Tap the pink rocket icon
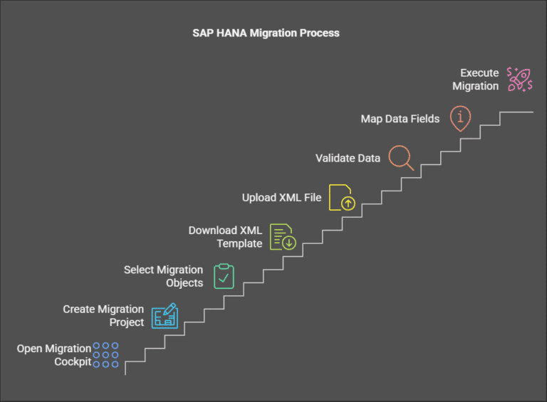pyautogui.click(x=519, y=79)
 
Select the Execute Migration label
pyautogui.click(x=479, y=79)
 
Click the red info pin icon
pyautogui.click(x=460, y=119)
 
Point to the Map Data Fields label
pyautogui.click(x=400, y=119)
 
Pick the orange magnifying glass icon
pyautogui.click(x=401, y=157)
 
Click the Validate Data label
pyautogui.click(x=348, y=158)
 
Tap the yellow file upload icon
pyautogui.click(x=340, y=198)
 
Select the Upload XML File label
pyautogui.click(x=281, y=197)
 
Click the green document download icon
pyautogui.click(x=283, y=237)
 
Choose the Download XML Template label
pyautogui.click(x=225, y=237)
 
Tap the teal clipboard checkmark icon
pyautogui.click(x=224, y=277)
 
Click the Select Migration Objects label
pyautogui.click(x=163, y=277)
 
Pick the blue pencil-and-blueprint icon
pyautogui.click(x=165, y=315)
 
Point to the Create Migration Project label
pyautogui.click(x=103, y=316)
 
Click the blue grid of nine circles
pyautogui.click(x=106, y=354)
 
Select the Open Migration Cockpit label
pyautogui.click(x=54, y=355)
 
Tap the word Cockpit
pyautogui.click(x=73, y=361)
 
